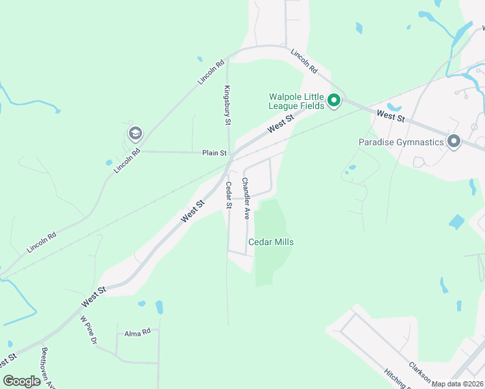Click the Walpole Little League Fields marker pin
(x=334, y=100)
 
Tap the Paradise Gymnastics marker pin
(x=453, y=141)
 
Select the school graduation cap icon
(x=135, y=134)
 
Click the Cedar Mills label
(x=271, y=242)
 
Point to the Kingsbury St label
(x=228, y=105)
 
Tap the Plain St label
(x=214, y=154)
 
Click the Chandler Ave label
(x=246, y=198)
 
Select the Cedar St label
(x=228, y=195)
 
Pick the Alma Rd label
(x=137, y=331)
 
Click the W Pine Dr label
(x=88, y=330)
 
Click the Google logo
(x=21, y=381)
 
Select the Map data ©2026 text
(x=457, y=384)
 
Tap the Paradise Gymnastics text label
(x=401, y=142)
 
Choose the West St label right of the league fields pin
(x=390, y=117)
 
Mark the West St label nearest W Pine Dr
(x=93, y=298)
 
